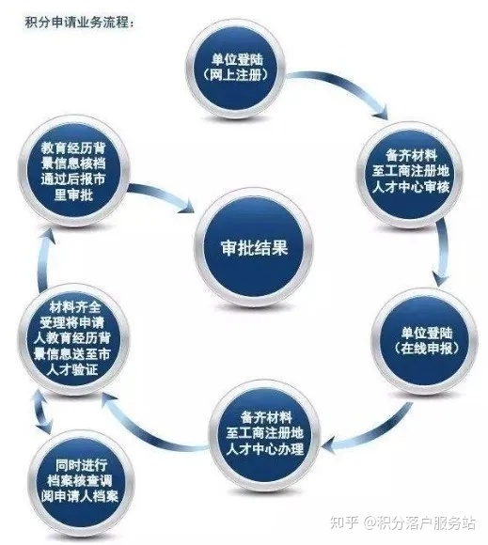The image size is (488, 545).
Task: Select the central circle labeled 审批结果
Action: point(254,247)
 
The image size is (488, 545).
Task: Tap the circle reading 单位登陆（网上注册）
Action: point(236,67)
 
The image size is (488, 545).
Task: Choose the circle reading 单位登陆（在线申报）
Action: point(425,341)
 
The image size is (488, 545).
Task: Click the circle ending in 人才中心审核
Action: point(410,174)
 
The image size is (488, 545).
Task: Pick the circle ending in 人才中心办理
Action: point(264,434)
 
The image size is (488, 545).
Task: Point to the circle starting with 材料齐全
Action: point(73,338)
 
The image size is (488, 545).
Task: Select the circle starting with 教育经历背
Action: point(73,172)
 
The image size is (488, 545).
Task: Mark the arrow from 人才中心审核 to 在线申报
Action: point(443,252)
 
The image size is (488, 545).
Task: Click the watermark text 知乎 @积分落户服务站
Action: point(402,522)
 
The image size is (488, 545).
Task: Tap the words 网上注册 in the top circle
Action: point(236,75)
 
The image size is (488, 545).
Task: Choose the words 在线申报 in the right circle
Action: point(426,349)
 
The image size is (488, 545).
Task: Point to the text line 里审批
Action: point(73,195)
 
